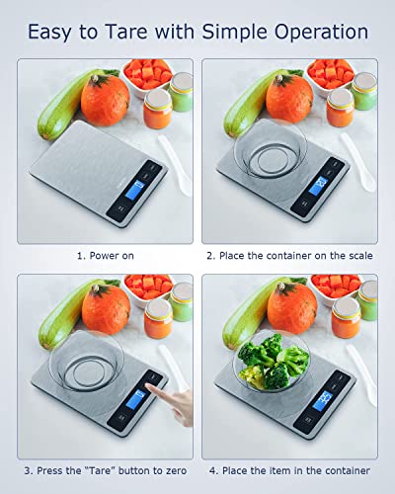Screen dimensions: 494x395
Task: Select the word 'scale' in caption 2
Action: click(x=355, y=255)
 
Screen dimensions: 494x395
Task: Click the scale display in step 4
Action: click(x=323, y=398)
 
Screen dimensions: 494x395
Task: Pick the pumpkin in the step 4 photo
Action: click(x=291, y=308)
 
